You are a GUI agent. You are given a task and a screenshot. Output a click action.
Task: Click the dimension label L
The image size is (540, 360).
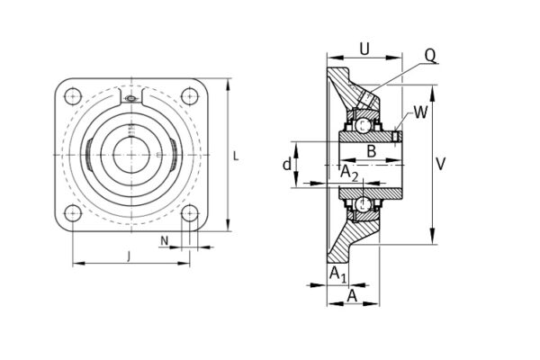tap(236, 156)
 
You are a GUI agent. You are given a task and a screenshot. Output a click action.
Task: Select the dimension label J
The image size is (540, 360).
tap(129, 256)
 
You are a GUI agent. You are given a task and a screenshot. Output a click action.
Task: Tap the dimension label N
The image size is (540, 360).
tap(165, 240)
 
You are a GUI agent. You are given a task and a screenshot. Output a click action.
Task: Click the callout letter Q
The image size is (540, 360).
tap(430, 56)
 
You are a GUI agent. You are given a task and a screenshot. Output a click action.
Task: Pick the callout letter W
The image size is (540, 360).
tap(420, 112)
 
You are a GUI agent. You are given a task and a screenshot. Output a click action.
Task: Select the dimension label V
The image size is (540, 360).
tap(440, 164)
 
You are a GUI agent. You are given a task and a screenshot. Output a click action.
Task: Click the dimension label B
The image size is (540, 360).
tap(371, 150)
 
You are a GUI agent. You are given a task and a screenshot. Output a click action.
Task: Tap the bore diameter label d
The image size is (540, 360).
tap(287, 165)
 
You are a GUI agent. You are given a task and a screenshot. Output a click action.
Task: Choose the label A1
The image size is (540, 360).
tap(335, 273)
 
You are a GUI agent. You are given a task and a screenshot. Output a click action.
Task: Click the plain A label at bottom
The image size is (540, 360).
tap(351, 295)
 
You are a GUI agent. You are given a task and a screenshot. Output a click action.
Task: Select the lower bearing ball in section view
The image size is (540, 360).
tap(363, 205)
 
